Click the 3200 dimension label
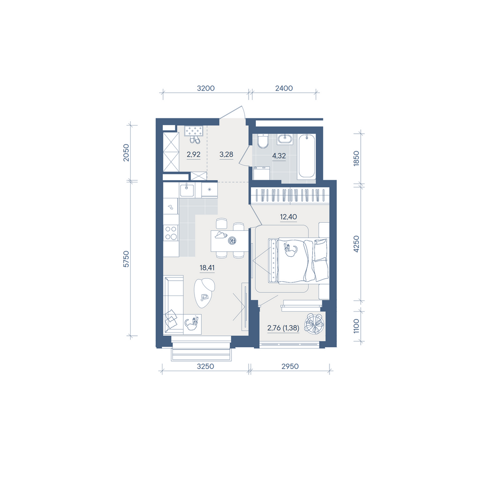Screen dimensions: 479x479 [205, 88]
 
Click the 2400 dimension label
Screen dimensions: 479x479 [284, 88]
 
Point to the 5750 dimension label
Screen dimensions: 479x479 [126, 259]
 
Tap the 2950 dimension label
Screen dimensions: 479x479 [290, 366]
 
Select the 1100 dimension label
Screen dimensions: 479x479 [356, 326]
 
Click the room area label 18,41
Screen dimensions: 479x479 [207, 268]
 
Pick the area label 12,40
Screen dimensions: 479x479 [288, 217]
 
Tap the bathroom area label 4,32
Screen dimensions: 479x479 [279, 156]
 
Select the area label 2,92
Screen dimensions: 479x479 [194, 154]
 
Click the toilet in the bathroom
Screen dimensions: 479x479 [262, 141]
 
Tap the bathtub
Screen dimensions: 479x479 [307, 156]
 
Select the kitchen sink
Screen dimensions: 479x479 [187, 190]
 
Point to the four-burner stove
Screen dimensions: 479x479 [171, 232]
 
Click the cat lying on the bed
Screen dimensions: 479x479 [291, 250]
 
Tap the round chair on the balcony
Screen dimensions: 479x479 [314, 324]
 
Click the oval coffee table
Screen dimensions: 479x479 [205, 293]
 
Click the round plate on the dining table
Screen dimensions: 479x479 [232, 241]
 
